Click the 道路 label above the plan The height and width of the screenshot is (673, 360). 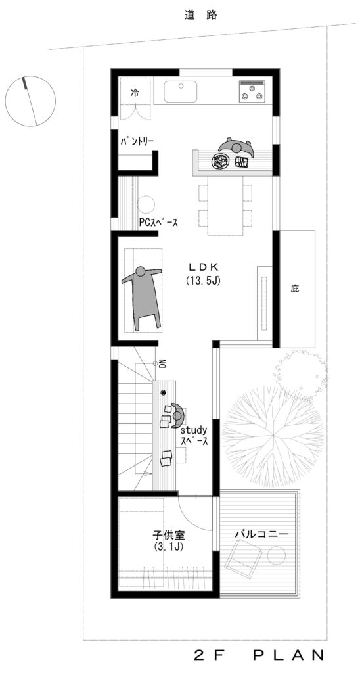201,16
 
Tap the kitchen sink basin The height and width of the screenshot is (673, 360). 181,91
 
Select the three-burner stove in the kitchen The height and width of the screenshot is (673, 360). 252,92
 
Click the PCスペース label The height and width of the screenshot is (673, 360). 158,223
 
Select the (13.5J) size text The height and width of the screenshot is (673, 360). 204,281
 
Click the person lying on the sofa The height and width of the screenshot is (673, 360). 142,296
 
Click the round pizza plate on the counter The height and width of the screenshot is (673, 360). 221,162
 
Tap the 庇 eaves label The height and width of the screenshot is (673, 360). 294,289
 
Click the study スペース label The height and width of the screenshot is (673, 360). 194,435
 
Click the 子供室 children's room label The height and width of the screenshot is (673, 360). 168,535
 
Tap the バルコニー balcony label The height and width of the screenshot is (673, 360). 261,534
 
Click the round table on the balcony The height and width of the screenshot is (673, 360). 277,555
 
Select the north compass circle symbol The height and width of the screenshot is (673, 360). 30,101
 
